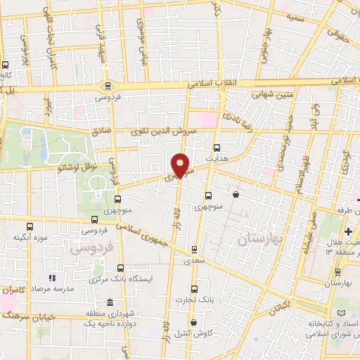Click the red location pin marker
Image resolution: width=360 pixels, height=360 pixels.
[181, 166]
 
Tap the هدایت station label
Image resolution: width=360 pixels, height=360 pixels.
[217, 158]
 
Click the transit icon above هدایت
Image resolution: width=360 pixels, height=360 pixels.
[217, 148]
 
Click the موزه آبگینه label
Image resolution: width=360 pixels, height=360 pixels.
[30, 238]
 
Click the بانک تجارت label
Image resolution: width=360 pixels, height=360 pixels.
[194, 301]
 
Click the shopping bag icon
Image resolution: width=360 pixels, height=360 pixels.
[235, 194]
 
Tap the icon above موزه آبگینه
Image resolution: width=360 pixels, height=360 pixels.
[30, 226]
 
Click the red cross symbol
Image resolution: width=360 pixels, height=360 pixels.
[348, 231]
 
